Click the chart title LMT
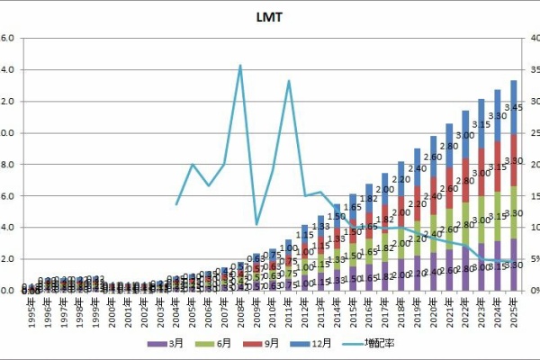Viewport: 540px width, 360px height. point(270,16)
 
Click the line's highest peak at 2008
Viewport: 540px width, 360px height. point(240,65)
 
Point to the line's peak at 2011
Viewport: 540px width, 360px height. point(289,81)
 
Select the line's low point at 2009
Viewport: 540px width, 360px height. point(256,223)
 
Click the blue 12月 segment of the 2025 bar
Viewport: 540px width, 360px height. point(514,107)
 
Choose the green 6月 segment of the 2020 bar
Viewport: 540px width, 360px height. point(433,234)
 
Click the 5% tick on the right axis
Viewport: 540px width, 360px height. point(530,259)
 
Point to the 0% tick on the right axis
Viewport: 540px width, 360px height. point(530,291)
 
